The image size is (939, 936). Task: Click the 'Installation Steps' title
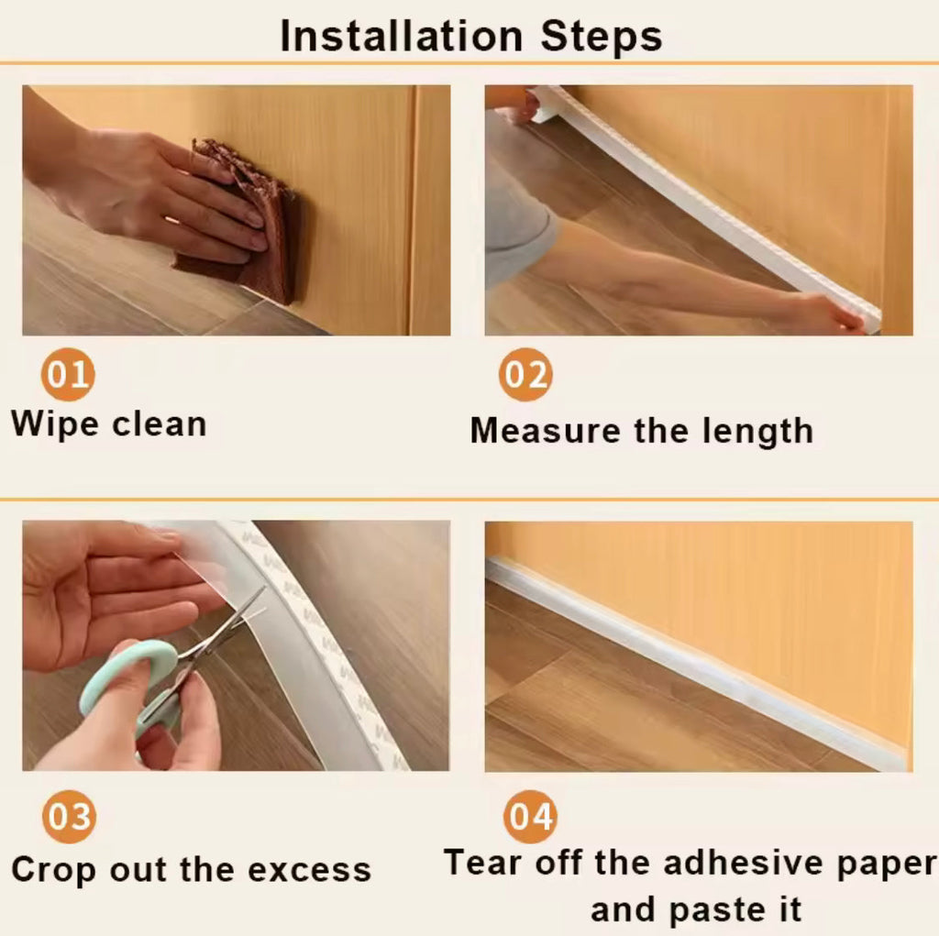[x=470, y=36]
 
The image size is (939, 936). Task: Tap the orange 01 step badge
[x=67, y=375]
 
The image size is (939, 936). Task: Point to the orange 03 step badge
[x=69, y=815]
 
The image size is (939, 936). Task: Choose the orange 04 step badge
[x=530, y=815]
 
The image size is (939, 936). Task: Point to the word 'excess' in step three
[x=313, y=869]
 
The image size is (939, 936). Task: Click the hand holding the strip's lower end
[x=825, y=314]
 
